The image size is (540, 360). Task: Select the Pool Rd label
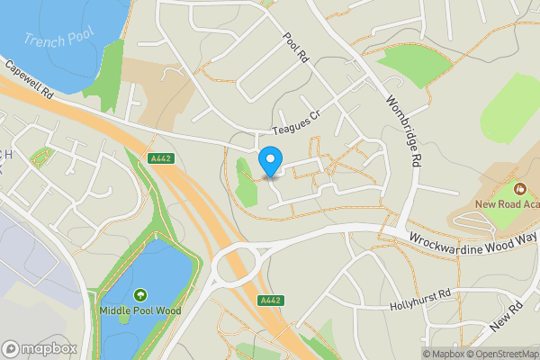click(x=296, y=48)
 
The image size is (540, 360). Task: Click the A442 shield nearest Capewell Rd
click(x=160, y=158)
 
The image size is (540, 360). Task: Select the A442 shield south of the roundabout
click(x=268, y=301)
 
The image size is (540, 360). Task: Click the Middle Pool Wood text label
click(x=140, y=311)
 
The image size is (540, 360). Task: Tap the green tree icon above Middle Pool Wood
click(x=140, y=295)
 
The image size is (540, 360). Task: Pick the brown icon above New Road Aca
click(x=519, y=189)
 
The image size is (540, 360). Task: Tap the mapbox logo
click(x=40, y=348)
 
